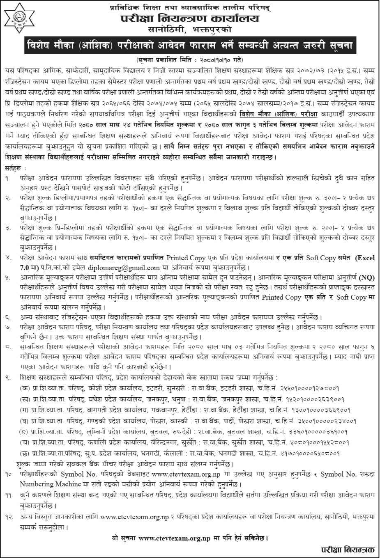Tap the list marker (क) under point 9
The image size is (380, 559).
tap(23, 387)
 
